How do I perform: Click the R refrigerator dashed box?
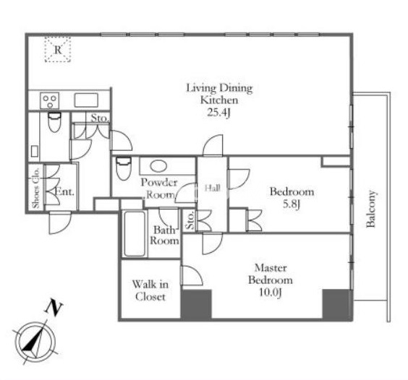58,49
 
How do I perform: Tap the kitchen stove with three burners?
50,100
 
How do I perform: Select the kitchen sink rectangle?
86,100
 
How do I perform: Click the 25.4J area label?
218,113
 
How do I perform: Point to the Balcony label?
371,210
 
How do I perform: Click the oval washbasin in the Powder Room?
158,166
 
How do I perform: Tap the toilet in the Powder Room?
123,168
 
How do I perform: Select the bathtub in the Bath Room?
135,233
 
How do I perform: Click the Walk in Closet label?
150,290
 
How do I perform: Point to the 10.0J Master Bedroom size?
271,293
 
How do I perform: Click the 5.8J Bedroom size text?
292,204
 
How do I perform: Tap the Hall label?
213,188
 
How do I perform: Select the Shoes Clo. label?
36,188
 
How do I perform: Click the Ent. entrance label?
65,192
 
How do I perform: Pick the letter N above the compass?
54,308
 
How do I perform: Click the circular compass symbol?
35,342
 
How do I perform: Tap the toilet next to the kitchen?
54,121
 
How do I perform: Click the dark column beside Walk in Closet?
196,304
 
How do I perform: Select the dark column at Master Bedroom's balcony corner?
337,304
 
